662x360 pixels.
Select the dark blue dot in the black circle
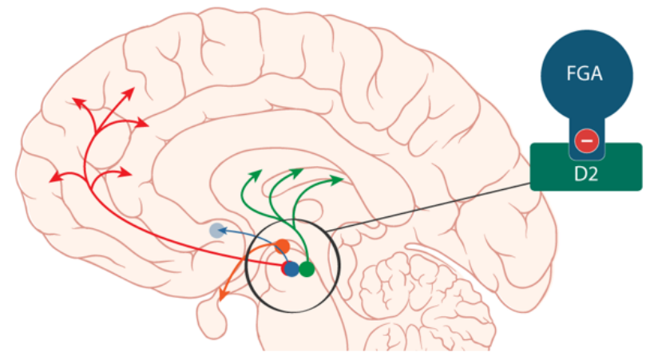pyautogui.click(x=291, y=269)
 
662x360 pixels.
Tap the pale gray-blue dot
pyautogui.click(x=216, y=230)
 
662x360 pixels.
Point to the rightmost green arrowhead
pyautogui.click(x=339, y=180)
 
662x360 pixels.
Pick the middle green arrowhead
pyautogui.click(x=298, y=171)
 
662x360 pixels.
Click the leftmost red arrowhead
pyautogui.click(x=54, y=178)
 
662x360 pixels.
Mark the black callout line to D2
pyautogui.click(x=431, y=207)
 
